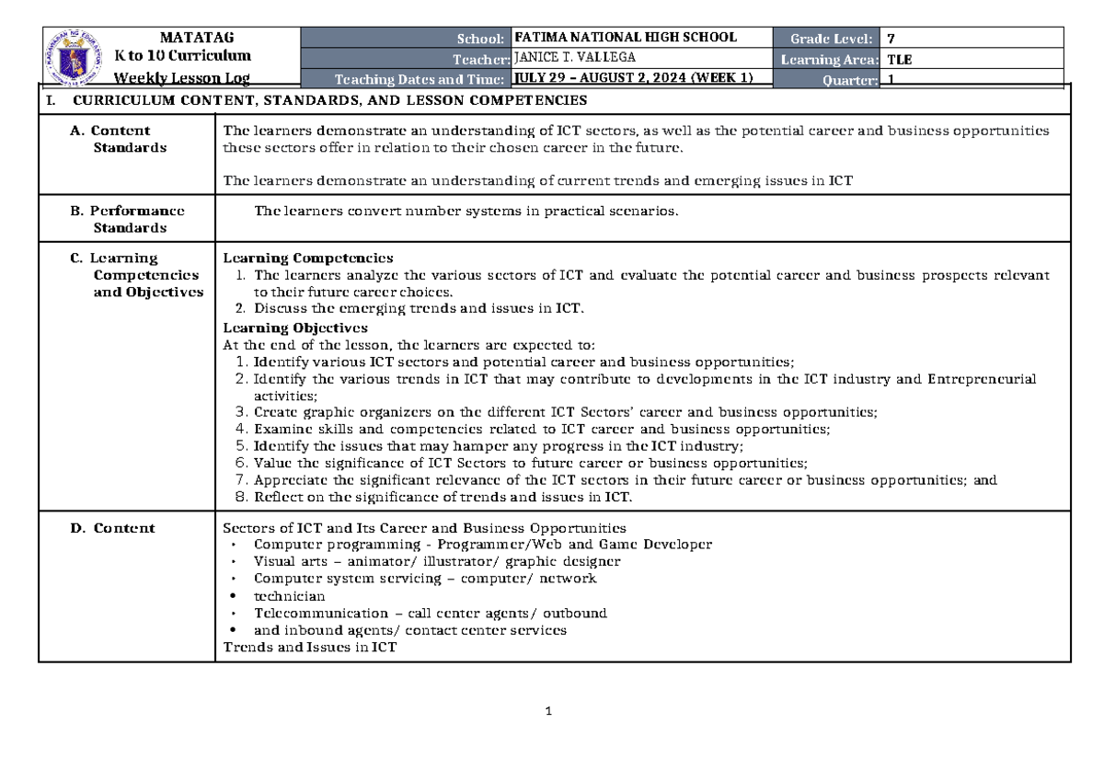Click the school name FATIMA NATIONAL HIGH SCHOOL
tap(626, 38)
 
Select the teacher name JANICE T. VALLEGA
tap(575, 57)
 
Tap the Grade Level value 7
tap(890, 39)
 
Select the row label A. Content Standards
tap(121, 139)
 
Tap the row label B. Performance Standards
tap(128, 219)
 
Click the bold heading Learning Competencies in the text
tap(308, 258)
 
